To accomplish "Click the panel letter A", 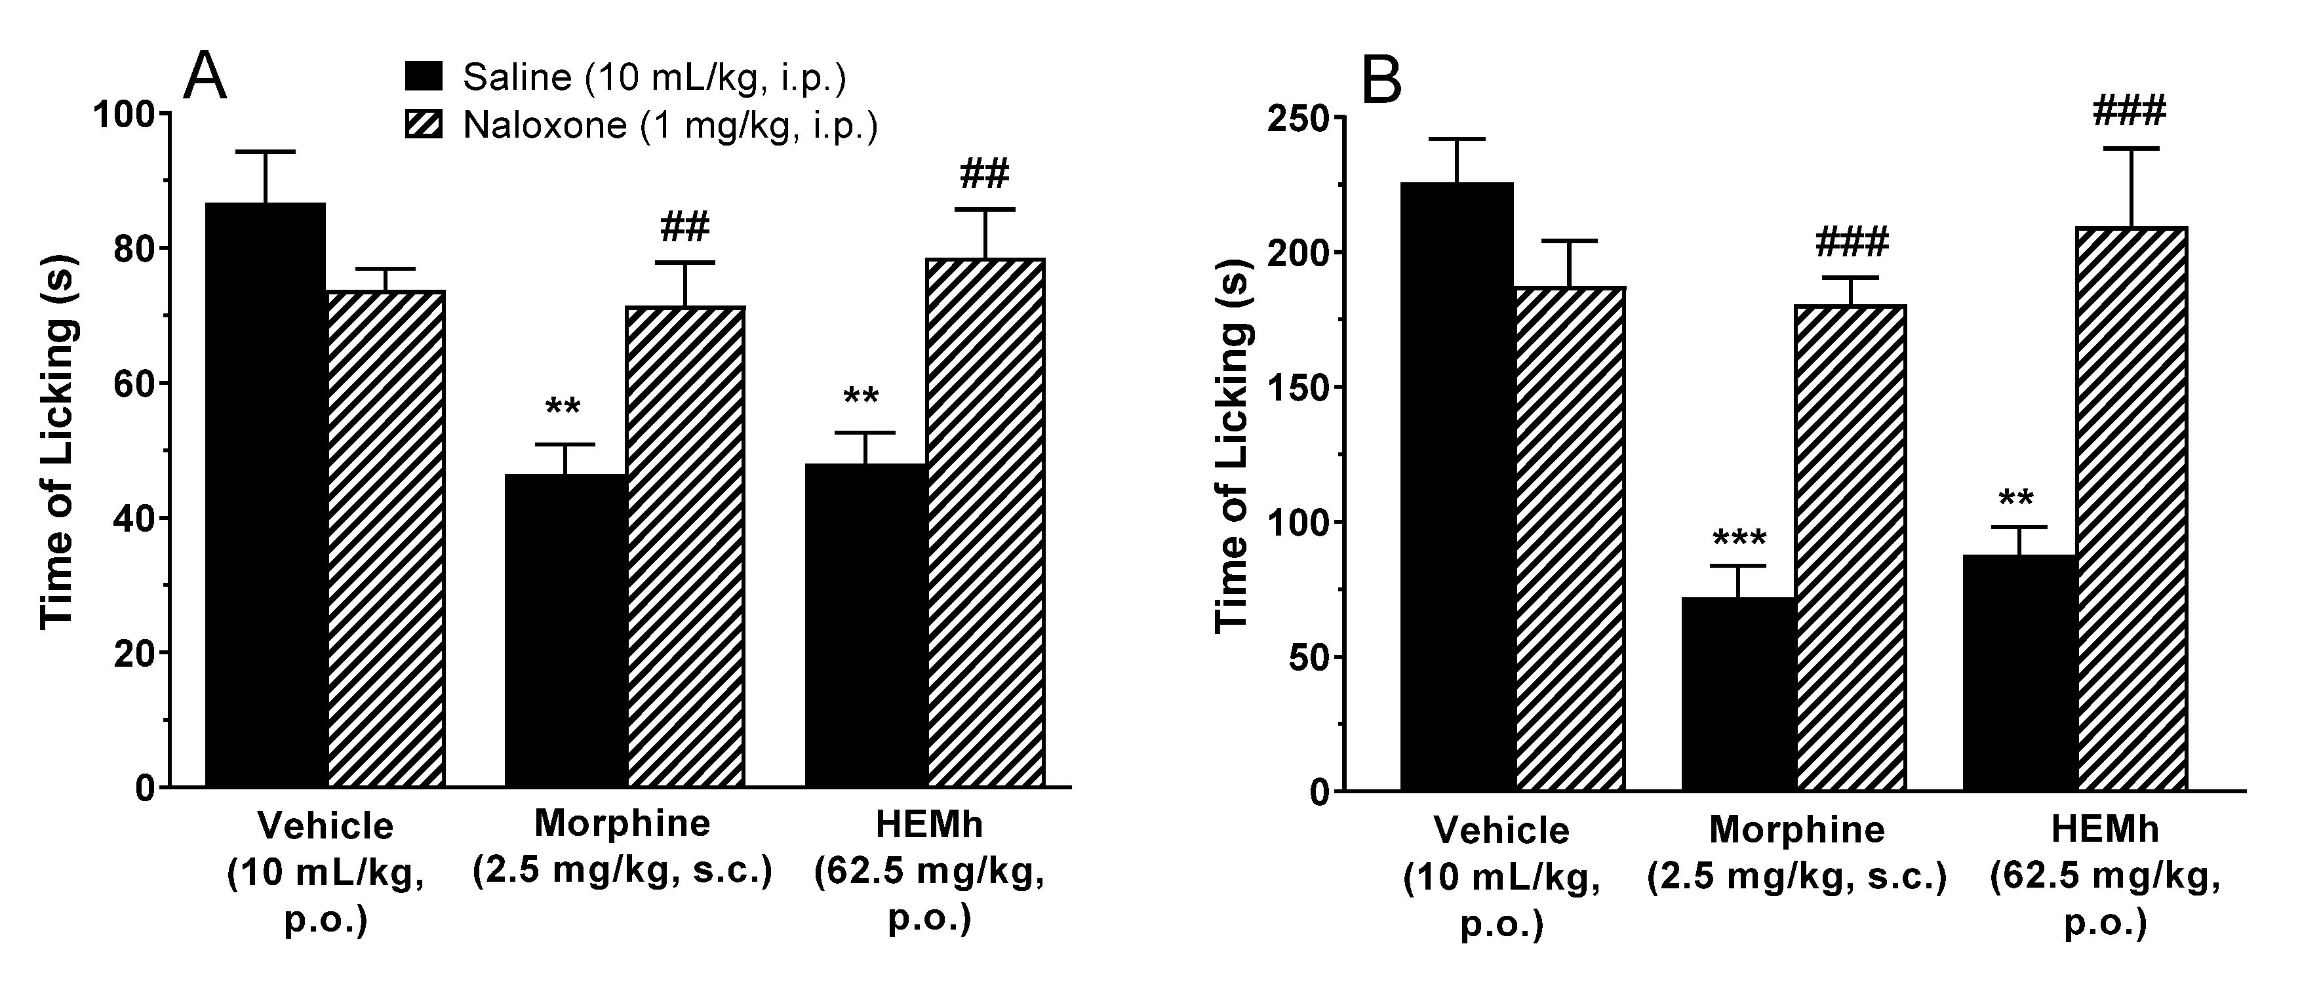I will [205, 77].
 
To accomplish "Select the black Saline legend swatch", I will [424, 77].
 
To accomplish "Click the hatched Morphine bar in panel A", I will [685, 546].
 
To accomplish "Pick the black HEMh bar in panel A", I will [865, 625].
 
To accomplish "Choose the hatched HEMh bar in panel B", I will [2131, 509].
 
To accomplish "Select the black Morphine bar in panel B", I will [1737, 694].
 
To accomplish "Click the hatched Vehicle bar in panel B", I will [1569, 538].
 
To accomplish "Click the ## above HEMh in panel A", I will [984, 174].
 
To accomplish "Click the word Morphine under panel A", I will [622, 823].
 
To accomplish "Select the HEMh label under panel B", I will [2105, 829].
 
